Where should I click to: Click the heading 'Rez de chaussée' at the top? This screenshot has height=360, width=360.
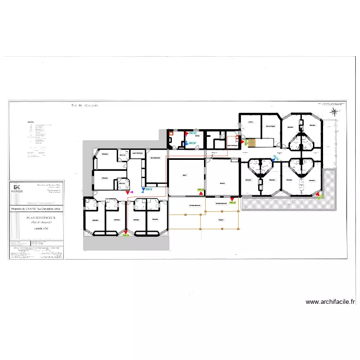pyautogui.click(x=84, y=106)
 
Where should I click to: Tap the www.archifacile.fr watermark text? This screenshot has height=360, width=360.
pyautogui.click(x=331, y=302)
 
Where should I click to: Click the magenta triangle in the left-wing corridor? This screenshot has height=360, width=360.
pyautogui.click(x=132, y=192)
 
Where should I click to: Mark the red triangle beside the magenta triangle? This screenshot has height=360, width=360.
pyautogui.click(x=128, y=192)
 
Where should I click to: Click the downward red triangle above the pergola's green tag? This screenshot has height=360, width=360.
pyautogui.click(x=232, y=198)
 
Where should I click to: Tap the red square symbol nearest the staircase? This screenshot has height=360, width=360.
pyautogui.click(x=238, y=137)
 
